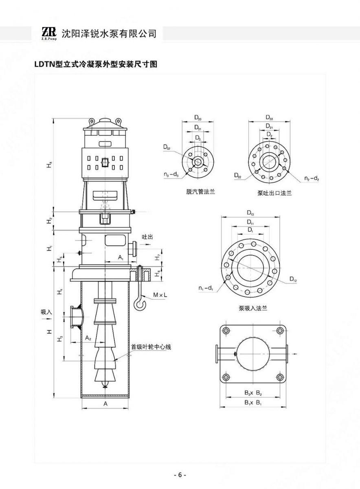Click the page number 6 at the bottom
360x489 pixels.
[180, 475]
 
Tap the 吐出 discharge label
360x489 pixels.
[147, 237]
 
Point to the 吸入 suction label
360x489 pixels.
[46, 312]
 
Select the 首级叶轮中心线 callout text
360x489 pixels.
[151, 347]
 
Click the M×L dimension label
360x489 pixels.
[159, 295]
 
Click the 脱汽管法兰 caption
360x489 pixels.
[198, 192]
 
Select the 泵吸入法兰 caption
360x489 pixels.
[253, 308]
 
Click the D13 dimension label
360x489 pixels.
[250, 213]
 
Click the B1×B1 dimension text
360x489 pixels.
[253, 402]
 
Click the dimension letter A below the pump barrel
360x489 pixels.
[105, 403]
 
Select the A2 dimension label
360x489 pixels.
[88, 338]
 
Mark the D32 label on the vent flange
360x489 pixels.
[167, 147]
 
